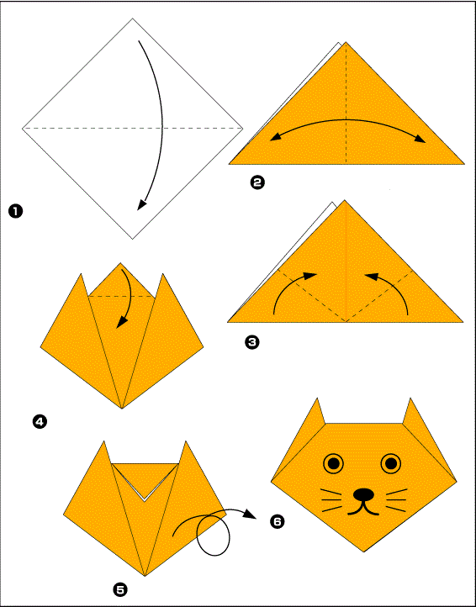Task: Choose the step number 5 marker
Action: click(x=120, y=589)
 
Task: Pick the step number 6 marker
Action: click(x=278, y=522)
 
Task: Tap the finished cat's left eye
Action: click(x=334, y=462)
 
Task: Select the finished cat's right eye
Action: click(x=391, y=462)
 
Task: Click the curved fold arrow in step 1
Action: click(x=154, y=126)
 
